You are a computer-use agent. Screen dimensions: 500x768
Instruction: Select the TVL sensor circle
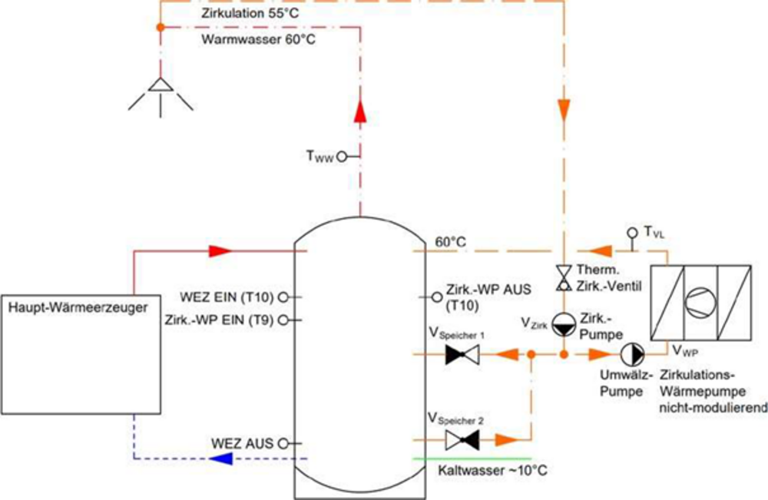[x=631, y=231]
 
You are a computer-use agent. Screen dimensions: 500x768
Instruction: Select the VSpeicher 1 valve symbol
[x=462, y=355]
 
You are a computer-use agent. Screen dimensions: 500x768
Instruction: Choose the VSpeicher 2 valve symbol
[x=462, y=440]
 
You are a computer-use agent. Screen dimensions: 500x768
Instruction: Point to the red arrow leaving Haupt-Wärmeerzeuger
[x=220, y=250]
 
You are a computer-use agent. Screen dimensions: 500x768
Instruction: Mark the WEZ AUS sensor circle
[x=283, y=443]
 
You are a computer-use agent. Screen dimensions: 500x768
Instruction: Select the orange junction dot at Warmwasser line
[x=160, y=28]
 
